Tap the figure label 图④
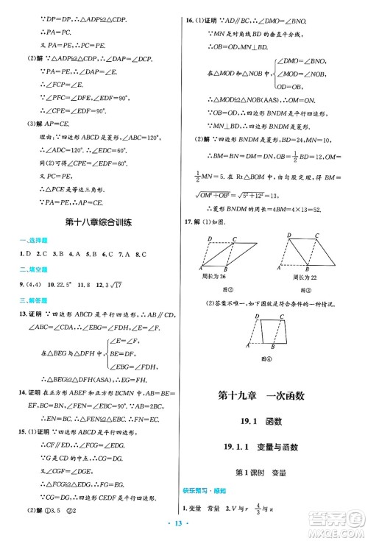[x=265, y=359]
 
